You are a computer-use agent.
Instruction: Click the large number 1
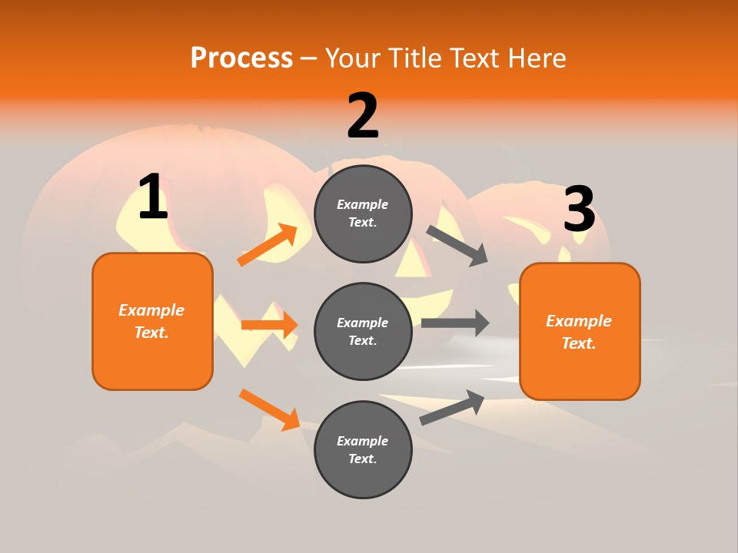coord(153,197)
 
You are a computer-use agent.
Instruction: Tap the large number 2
coord(363,116)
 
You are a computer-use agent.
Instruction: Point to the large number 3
coord(579,210)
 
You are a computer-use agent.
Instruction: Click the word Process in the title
coord(241,58)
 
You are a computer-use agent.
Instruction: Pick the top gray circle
coord(363,214)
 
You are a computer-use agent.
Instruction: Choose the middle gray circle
coord(363,331)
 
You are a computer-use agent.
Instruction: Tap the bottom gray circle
coord(363,449)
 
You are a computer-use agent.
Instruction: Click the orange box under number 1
coord(152,321)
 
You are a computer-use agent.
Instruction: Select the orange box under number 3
coord(580,331)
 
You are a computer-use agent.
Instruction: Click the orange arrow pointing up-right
coord(268,245)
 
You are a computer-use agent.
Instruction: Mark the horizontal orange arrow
coord(269,325)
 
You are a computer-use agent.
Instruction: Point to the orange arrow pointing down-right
coord(269,409)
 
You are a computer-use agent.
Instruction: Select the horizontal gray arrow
coord(455,323)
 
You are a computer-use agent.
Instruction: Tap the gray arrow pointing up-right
coord(452,408)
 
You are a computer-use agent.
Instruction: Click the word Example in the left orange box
coord(151,310)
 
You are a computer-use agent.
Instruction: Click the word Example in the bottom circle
coord(362,441)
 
